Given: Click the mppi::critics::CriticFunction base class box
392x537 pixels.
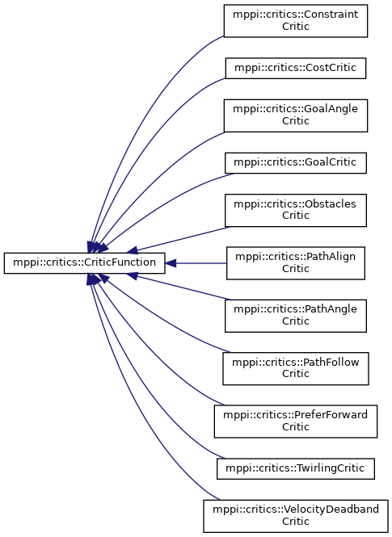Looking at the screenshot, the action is pyautogui.click(x=84, y=263).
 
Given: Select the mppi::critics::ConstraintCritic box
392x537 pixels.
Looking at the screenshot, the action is pyautogui.click(x=296, y=21).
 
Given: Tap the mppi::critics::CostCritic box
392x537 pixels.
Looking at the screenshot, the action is pyautogui.click(x=296, y=68).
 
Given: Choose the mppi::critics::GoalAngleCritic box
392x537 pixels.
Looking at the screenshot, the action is pyautogui.click(x=296, y=115).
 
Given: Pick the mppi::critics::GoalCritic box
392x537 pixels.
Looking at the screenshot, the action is pyautogui.click(x=296, y=162).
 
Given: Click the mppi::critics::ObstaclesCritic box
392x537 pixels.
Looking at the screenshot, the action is pyautogui.click(x=296, y=210).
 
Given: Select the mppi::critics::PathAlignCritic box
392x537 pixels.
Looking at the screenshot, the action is pyautogui.click(x=296, y=263).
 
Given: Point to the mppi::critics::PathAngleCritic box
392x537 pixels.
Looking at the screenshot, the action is pyautogui.click(x=296, y=316).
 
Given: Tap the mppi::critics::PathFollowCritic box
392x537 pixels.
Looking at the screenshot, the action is pyautogui.click(x=296, y=368).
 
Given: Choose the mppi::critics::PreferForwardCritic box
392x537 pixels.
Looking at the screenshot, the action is pyautogui.click(x=296, y=422).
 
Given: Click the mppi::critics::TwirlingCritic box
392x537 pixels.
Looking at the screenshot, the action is pyautogui.click(x=296, y=468).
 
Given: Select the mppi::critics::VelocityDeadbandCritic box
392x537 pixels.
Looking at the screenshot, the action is pyautogui.click(x=296, y=516).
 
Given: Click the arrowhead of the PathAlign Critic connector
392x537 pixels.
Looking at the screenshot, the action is pyautogui.click(x=171, y=263).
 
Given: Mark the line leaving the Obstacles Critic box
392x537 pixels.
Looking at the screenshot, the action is pyautogui.click(x=183, y=239).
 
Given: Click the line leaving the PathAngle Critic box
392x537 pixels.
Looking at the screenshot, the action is pyautogui.click(x=183, y=287).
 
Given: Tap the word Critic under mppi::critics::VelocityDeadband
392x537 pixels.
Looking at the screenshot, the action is pyautogui.click(x=296, y=521).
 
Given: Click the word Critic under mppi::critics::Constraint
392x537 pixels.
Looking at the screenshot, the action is pyautogui.click(x=296, y=27).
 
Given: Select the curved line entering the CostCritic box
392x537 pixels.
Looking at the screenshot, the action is pyautogui.click(x=144, y=144).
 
